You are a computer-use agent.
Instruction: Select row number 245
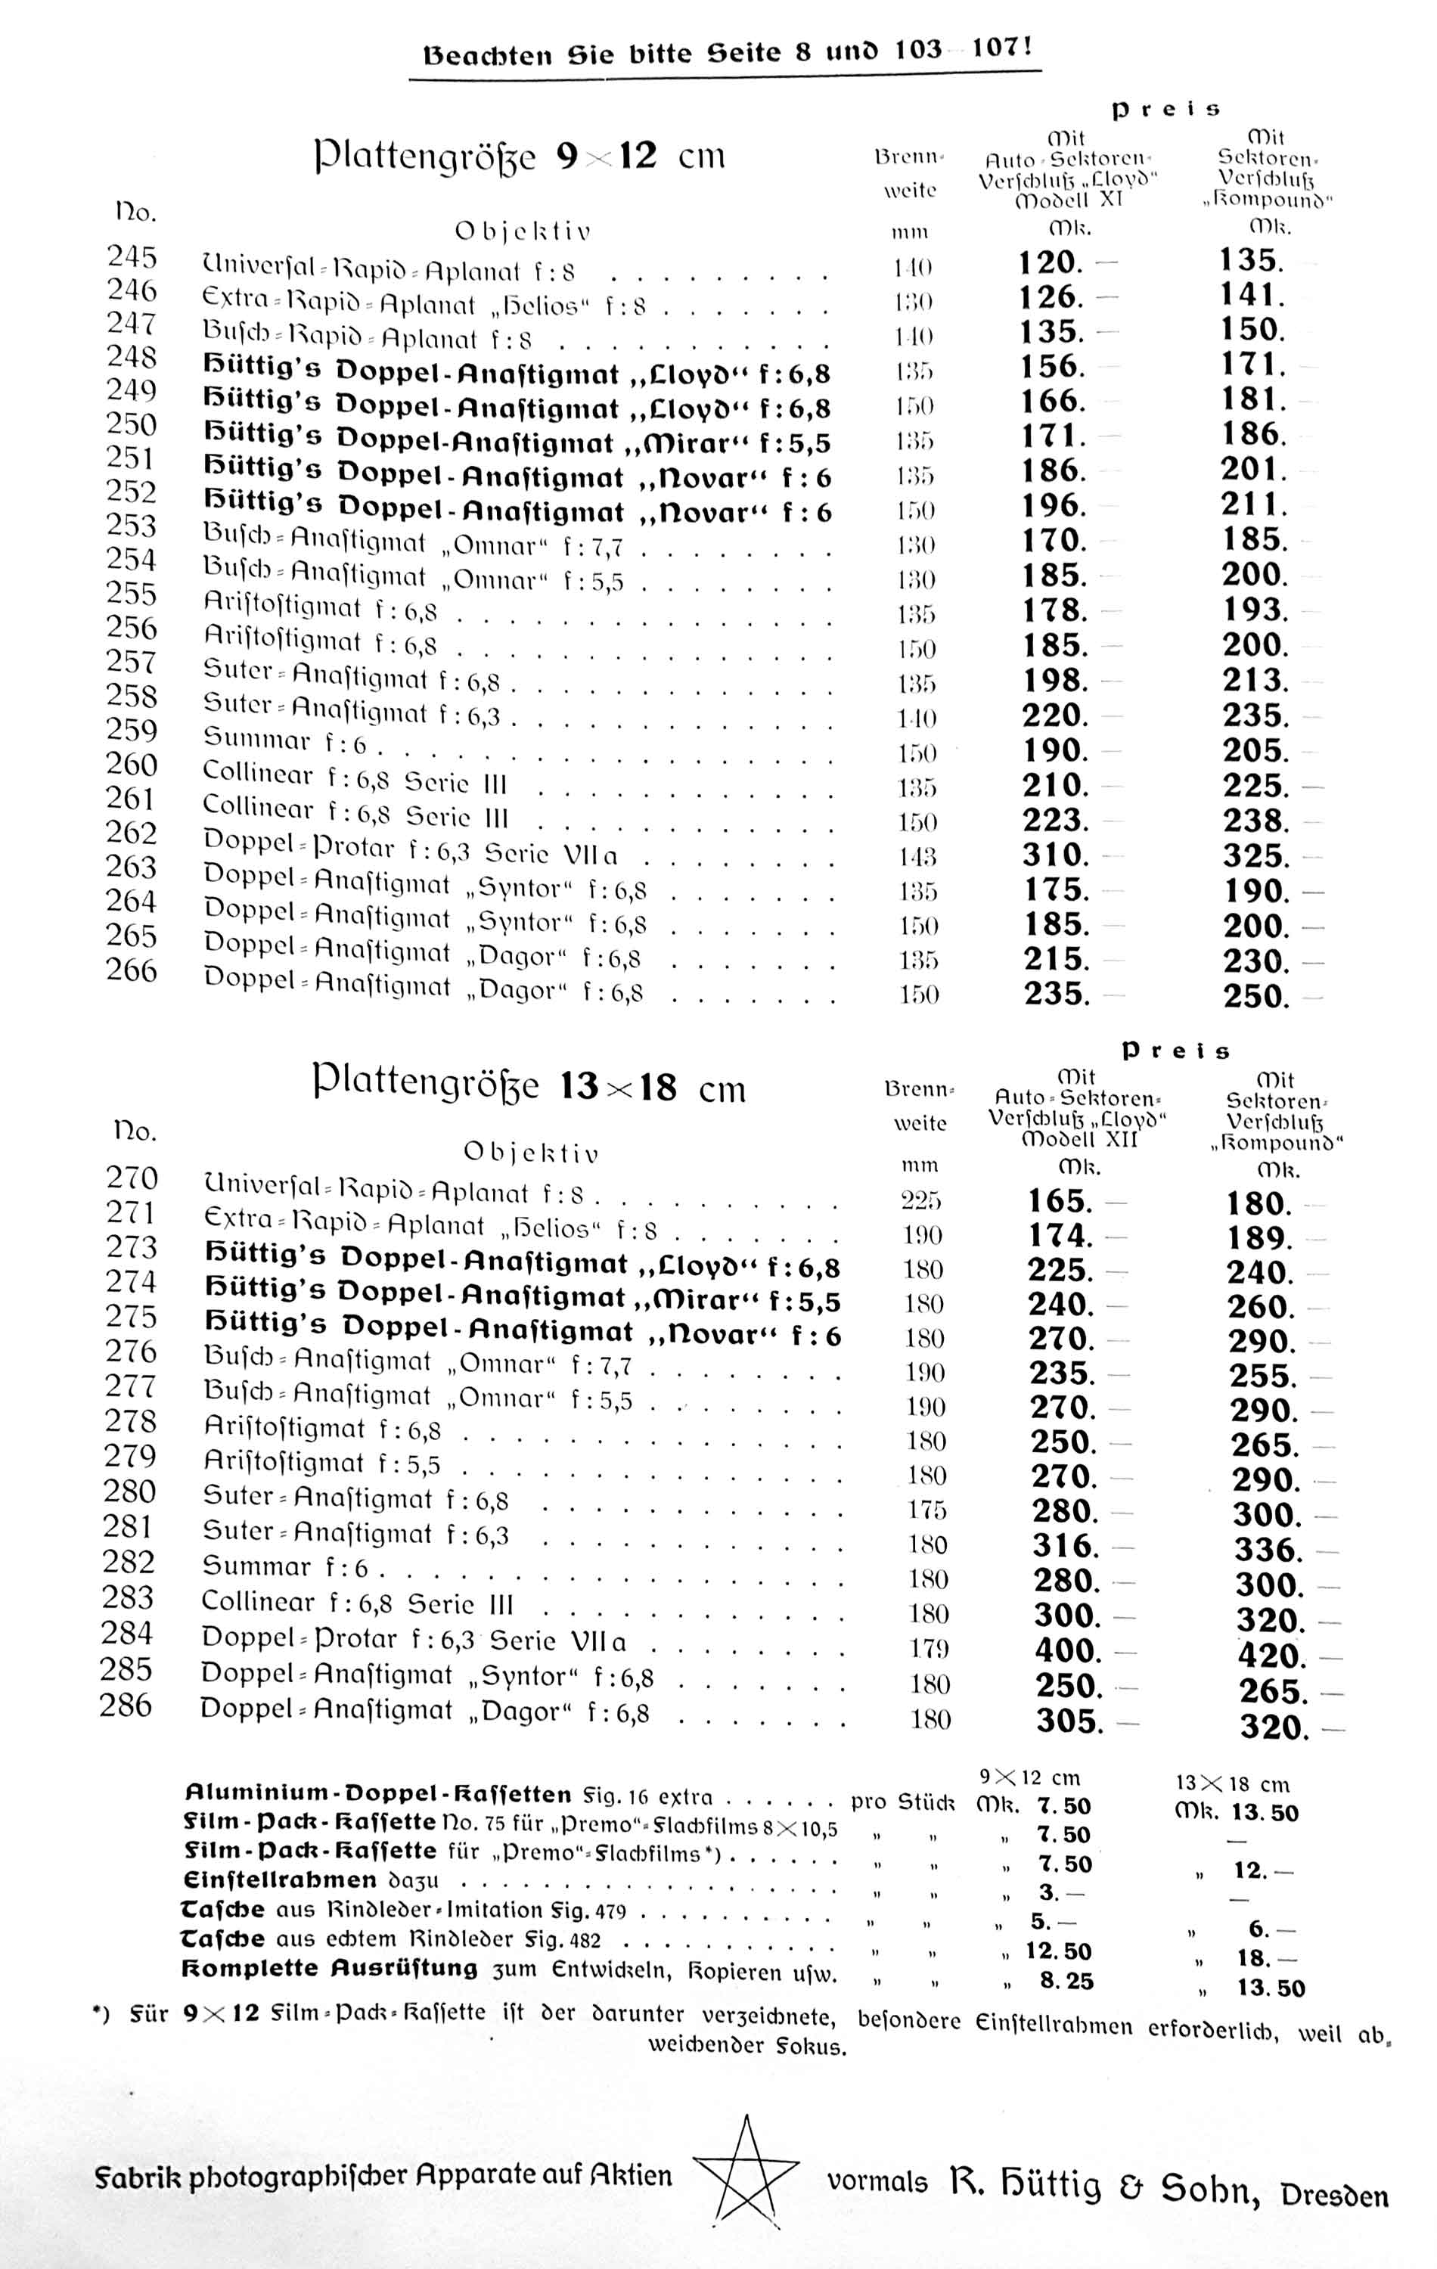(x=131, y=256)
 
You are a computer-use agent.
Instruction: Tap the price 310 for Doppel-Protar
(x=1055, y=855)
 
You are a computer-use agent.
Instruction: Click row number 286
(x=126, y=1705)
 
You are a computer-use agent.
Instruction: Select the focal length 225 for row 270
(x=920, y=1200)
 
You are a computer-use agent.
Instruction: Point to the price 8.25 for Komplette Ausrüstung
(x=1066, y=1981)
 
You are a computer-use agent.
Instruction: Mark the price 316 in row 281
(x=1066, y=1546)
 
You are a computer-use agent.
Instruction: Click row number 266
(x=131, y=970)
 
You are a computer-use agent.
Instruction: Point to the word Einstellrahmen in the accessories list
(x=279, y=1879)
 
